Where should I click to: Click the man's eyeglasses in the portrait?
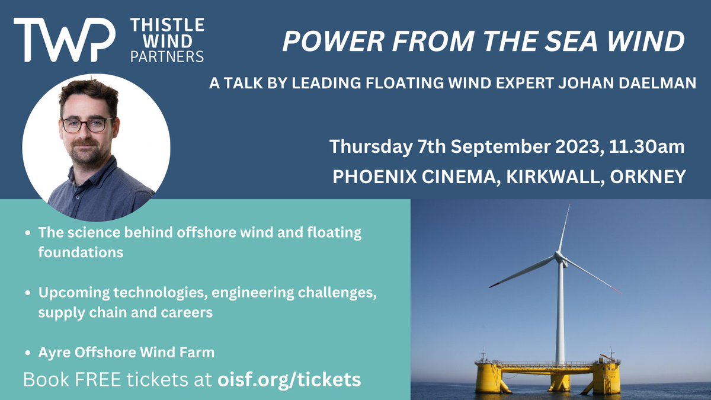coord(87,125)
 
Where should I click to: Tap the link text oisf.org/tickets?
coord(290,380)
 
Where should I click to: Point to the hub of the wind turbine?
coord(559,257)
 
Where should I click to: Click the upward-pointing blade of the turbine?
coord(564,228)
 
